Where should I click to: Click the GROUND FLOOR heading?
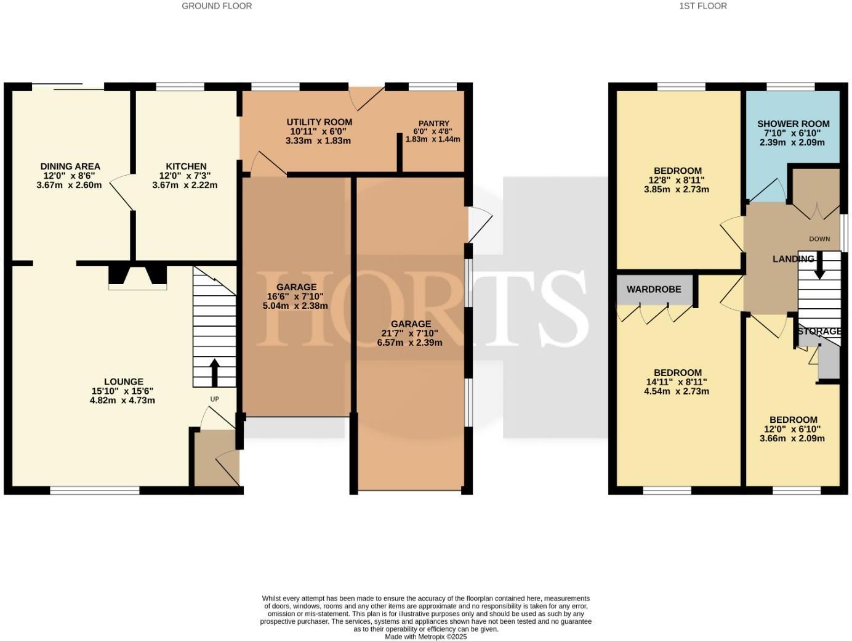[x=217, y=6]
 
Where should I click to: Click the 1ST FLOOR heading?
[x=703, y=6]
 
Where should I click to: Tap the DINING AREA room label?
[x=70, y=166]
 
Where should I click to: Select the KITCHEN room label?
[x=186, y=166]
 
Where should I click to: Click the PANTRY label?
[x=433, y=123]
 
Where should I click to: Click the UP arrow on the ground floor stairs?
[x=215, y=372]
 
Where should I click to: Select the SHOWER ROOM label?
[x=793, y=124]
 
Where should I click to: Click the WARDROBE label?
[x=653, y=289]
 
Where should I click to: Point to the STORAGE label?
[x=819, y=332]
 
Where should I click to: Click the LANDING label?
[x=793, y=259]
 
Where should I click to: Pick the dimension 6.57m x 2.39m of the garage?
[x=410, y=343]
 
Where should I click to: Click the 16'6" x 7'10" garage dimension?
[x=296, y=296]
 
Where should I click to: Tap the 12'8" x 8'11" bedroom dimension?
[x=677, y=180]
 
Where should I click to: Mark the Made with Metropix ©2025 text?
[x=425, y=637]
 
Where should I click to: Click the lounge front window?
[x=95, y=491]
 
